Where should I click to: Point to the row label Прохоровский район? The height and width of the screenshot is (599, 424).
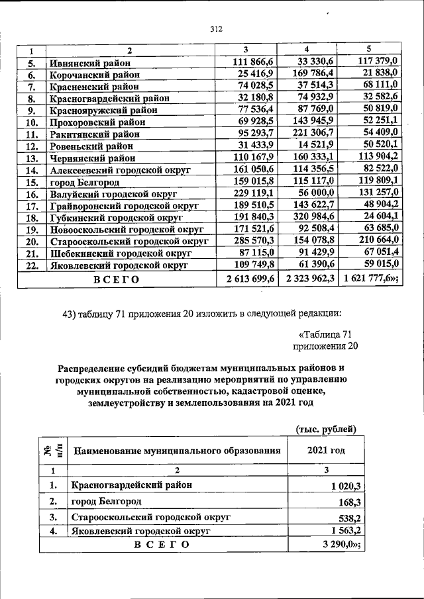pyautogui.click(x=95, y=122)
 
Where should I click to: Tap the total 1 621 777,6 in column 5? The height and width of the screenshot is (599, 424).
pyautogui.click(x=371, y=279)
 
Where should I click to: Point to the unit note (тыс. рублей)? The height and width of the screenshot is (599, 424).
pyautogui.click(x=326, y=429)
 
